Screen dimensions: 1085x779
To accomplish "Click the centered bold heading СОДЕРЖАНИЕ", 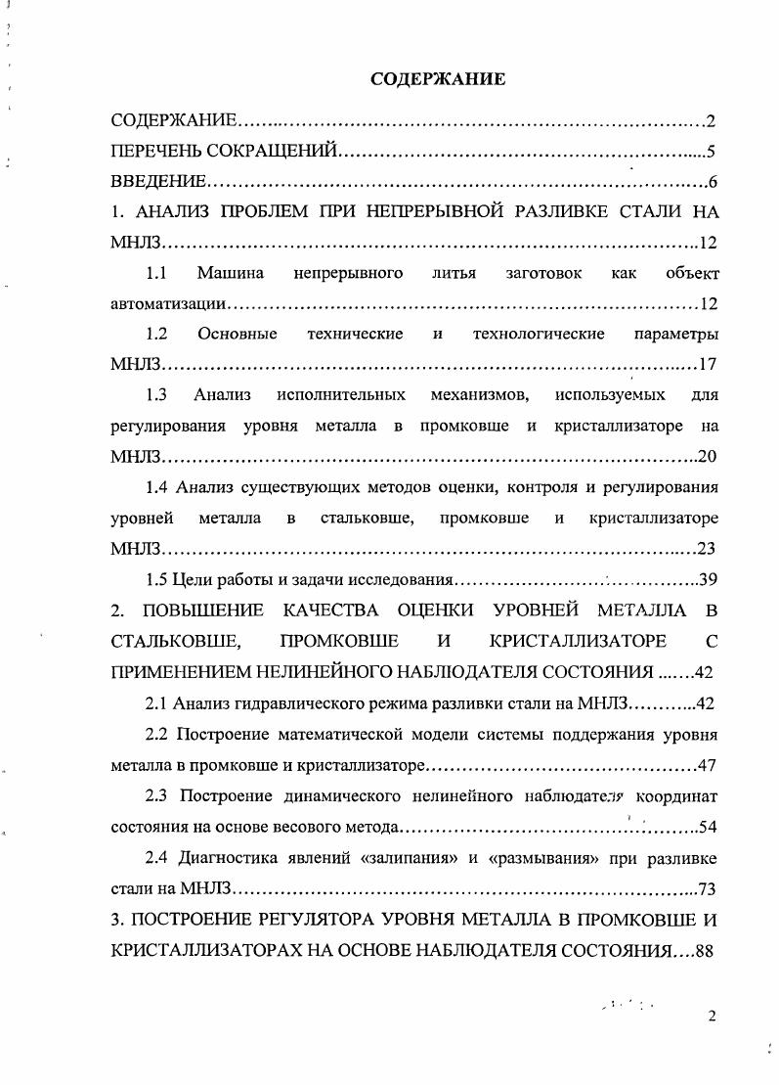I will [438, 79].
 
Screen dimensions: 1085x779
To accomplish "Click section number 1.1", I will [156, 273].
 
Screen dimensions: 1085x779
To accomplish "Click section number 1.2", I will [156, 334].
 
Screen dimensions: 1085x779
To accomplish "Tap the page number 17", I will [709, 365].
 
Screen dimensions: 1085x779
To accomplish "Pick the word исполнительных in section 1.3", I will [340, 395].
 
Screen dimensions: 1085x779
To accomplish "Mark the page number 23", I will [709, 548].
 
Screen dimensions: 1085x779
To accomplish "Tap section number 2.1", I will [157, 702].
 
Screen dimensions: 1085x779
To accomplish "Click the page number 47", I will [709, 763].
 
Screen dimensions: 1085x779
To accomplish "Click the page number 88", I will [703, 949].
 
